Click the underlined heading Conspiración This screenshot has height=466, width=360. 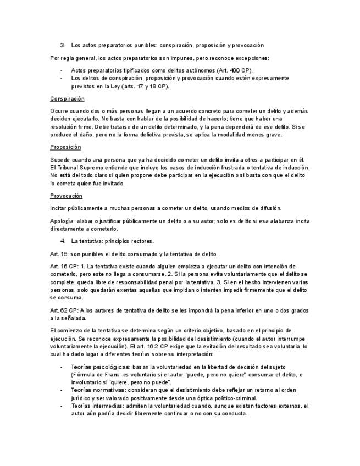[x=67, y=99]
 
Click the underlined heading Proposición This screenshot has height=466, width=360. [x=65, y=147]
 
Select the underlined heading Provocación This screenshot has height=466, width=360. [x=66, y=195]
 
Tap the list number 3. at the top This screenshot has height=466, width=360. [x=63, y=45]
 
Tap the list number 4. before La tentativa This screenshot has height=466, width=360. [x=63, y=241]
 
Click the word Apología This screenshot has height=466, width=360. [x=62, y=221]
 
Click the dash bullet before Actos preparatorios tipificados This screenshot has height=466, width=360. [x=60, y=71]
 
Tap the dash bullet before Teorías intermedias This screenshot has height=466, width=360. [x=60, y=406]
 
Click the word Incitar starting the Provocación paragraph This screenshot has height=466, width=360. [x=59, y=208]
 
